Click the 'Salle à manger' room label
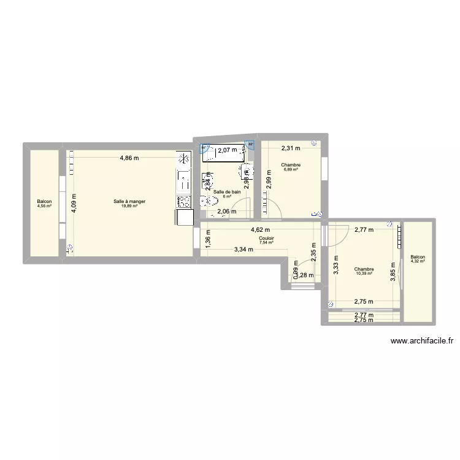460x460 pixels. pyautogui.click(x=129, y=201)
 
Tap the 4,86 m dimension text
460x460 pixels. pyautogui.click(x=129, y=158)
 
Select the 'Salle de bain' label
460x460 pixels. pyautogui.click(x=226, y=192)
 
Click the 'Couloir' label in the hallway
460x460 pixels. pyautogui.click(x=266, y=238)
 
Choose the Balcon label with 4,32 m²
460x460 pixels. pyautogui.click(x=418, y=258)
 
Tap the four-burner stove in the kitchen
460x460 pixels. pyautogui.click(x=183, y=201)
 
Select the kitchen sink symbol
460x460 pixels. pyautogui.click(x=183, y=180)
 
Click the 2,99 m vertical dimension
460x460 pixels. pyautogui.click(x=268, y=180)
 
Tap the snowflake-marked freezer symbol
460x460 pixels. pyautogui.click(x=183, y=159)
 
